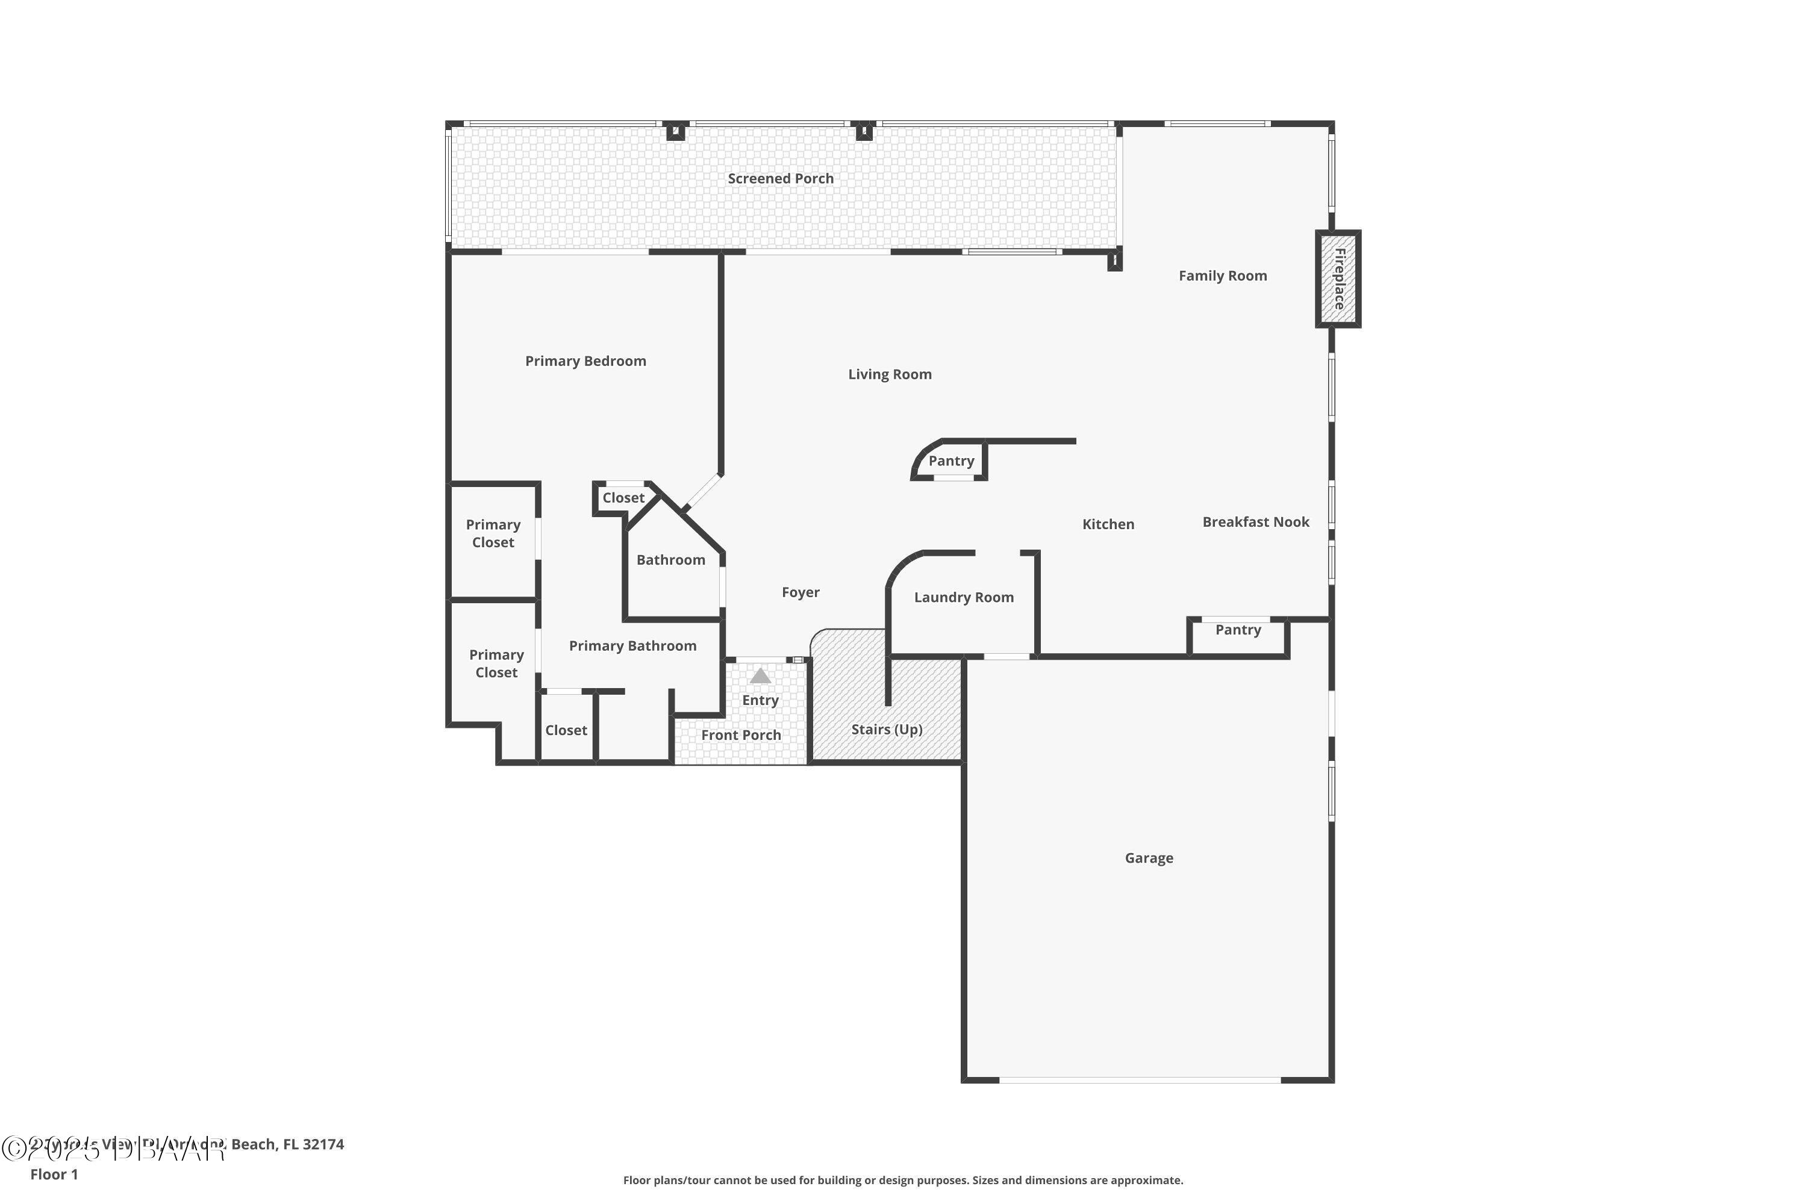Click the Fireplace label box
[x=1338, y=279]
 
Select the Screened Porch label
[x=781, y=179]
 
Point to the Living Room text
[x=890, y=374]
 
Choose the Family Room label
[x=1222, y=276]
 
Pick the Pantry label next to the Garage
[x=1238, y=630]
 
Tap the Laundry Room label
[x=963, y=597]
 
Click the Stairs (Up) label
[x=887, y=730]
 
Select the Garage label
[x=1149, y=858]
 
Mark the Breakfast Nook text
[x=1255, y=522]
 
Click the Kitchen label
[x=1108, y=524]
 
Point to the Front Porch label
[x=741, y=736]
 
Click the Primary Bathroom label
[x=632, y=647]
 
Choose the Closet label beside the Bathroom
[x=623, y=498]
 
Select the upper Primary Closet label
[x=493, y=533]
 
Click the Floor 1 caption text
[x=54, y=1174]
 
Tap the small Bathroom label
[x=671, y=560]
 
